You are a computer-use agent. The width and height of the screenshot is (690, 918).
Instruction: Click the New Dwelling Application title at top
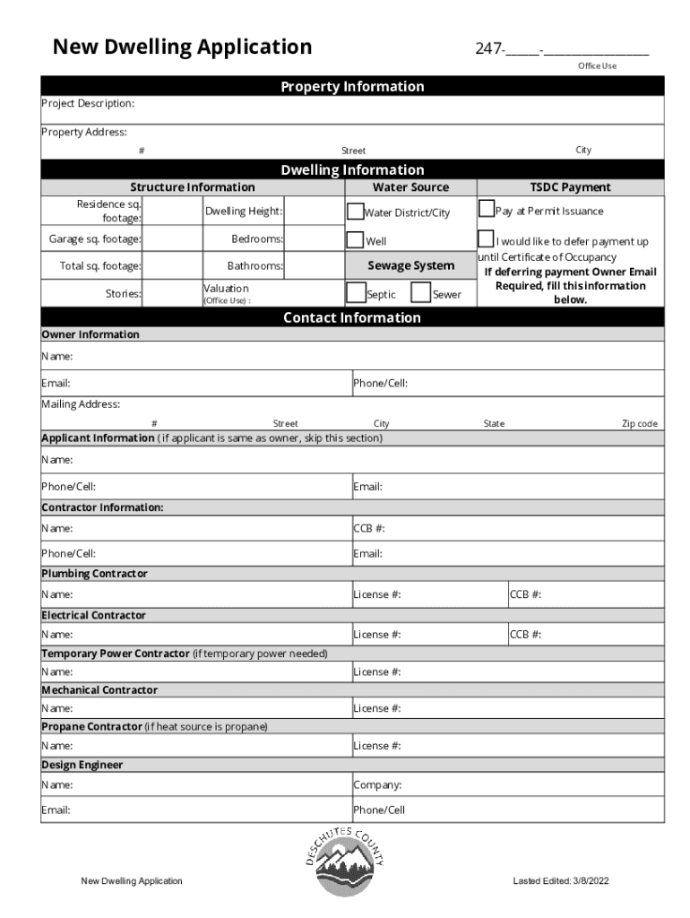[182, 47]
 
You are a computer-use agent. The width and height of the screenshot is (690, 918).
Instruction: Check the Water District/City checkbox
[355, 212]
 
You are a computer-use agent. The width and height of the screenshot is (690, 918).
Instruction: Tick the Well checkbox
[355, 240]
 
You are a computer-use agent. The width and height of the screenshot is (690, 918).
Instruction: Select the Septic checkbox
[355, 293]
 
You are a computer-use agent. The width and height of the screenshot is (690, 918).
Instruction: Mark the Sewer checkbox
[420, 293]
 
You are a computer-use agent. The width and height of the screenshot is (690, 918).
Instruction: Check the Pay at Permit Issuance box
[487, 210]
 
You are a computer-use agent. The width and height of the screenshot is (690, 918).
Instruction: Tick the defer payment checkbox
[487, 240]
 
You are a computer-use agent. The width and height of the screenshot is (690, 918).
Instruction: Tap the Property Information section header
[352, 87]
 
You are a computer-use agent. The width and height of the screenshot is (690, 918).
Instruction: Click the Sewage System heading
[410, 265]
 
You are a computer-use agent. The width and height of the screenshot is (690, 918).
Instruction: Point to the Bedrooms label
[257, 239]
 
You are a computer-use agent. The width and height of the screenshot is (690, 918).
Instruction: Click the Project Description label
[89, 104]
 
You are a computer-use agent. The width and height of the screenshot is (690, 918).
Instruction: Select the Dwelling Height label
[244, 212]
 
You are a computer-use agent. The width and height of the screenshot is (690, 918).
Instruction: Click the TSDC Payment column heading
[570, 187]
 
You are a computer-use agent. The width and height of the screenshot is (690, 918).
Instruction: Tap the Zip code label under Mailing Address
[640, 424]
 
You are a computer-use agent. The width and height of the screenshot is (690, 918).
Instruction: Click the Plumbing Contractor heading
[95, 573]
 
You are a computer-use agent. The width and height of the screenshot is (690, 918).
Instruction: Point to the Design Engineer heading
[82, 765]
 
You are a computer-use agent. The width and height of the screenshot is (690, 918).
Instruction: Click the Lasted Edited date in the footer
[561, 881]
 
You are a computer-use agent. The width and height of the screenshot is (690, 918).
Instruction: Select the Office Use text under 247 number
[597, 66]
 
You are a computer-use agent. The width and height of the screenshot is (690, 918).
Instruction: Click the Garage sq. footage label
[95, 239]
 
